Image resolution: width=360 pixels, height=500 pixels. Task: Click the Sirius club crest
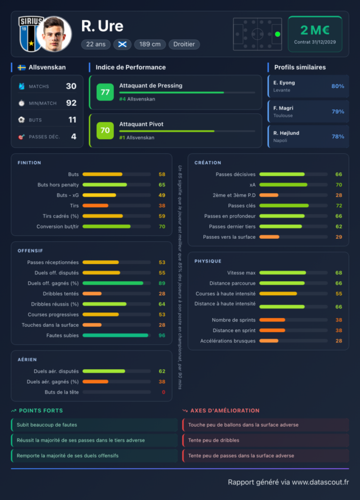pos(30,34)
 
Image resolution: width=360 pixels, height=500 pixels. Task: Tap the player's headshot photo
pos(54,34)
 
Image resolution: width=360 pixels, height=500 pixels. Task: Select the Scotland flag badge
pos(122,44)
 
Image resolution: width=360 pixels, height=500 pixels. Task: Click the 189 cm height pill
pos(150,44)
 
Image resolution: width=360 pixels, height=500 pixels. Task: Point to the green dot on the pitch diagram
pos(278,34)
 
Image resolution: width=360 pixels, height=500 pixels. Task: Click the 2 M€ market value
pos(315,30)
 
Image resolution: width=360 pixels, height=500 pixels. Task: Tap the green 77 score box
pos(105,92)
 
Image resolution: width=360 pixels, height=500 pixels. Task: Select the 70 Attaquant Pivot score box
pos(105,130)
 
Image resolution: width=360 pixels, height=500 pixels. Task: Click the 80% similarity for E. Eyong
pos(338,86)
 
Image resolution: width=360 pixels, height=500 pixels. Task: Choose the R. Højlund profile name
pos(286,133)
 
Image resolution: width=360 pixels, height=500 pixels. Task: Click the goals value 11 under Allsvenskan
pos(72,120)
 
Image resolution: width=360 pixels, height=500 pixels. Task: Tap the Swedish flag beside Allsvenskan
pos(21,67)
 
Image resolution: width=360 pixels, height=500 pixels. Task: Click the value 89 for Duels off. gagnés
pos(162,283)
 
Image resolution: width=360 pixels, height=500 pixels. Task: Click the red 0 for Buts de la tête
pos(163,392)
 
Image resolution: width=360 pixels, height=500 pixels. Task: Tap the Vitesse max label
pos(241,272)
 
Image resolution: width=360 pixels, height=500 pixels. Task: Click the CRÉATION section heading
pos(208,163)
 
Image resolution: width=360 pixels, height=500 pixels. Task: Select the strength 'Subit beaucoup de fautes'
pos(47,425)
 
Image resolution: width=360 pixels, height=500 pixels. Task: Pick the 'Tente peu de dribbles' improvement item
pos(214,440)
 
